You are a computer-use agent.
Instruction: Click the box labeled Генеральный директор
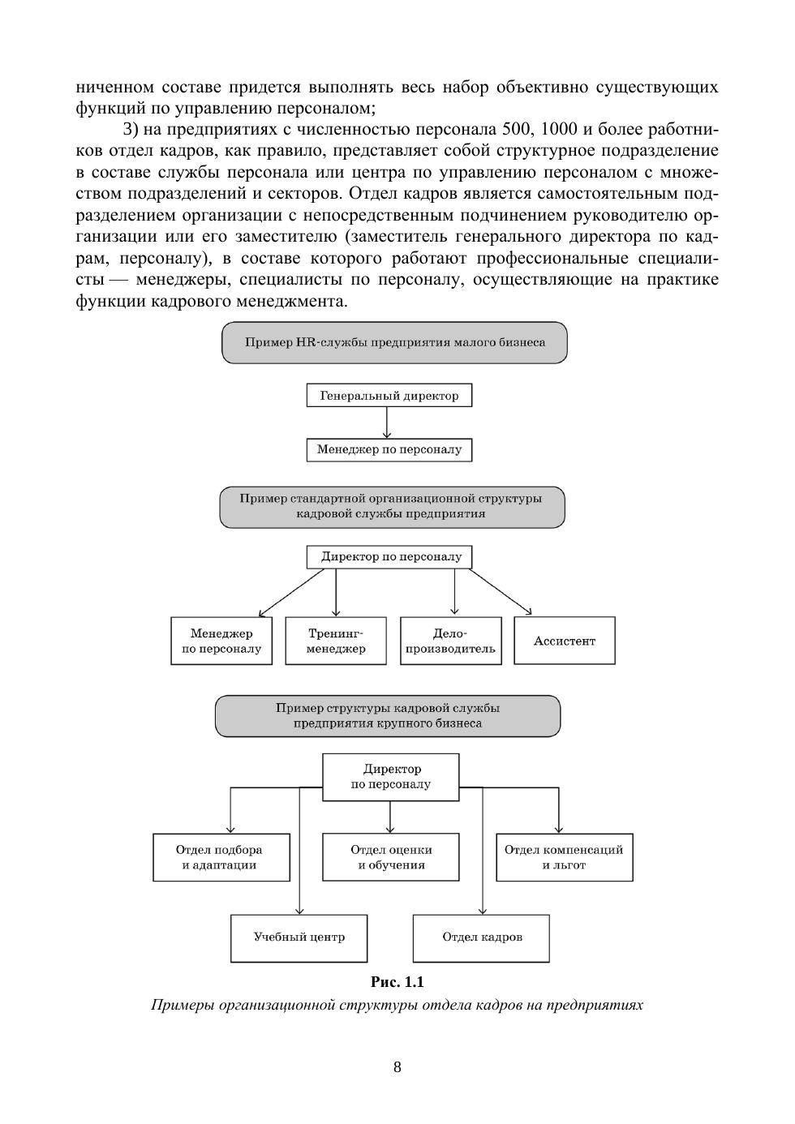[389, 396]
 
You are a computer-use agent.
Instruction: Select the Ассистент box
[565, 641]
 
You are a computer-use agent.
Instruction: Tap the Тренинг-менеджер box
[336, 641]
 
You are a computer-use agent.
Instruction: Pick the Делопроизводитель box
[450, 641]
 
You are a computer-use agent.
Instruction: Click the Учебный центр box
[299, 937]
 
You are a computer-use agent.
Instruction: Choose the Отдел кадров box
[481, 937]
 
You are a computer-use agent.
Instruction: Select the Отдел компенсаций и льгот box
[564, 857]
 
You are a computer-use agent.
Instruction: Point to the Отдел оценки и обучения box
[391, 857]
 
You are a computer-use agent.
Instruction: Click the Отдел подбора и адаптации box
[221, 857]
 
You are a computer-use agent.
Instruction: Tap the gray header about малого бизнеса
[394, 342]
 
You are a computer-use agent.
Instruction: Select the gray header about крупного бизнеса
[388, 715]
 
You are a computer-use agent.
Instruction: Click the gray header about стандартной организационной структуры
[392, 507]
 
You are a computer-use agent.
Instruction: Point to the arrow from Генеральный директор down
[388, 423]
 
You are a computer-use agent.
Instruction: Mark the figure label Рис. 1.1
[397, 982]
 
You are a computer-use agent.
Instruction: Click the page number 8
[397, 1067]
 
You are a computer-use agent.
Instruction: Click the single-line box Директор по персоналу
[389, 557]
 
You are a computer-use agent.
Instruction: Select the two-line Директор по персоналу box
[391, 776]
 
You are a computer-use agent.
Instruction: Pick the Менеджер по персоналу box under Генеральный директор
[389, 449]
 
